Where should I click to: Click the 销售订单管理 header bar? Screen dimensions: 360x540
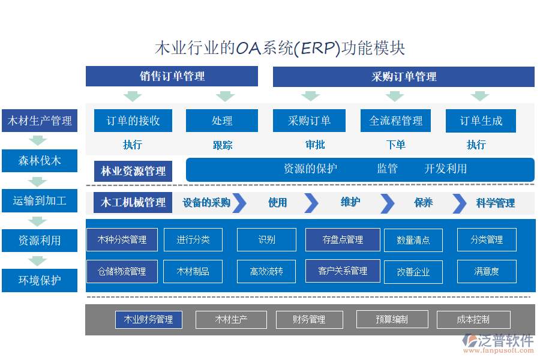point(172,76)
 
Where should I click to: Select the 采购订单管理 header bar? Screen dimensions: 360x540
point(403,77)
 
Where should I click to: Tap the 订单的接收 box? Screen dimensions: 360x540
point(133,121)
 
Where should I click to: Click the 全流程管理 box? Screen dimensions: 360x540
point(395,121)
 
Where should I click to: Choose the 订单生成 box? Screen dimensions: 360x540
point(481,121)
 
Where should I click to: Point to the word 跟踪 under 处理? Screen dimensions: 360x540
point(222,145)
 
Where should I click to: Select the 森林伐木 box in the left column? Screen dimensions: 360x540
point(40,161)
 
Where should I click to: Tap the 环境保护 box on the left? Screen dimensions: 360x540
point(40,280)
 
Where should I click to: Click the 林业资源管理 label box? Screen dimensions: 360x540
point(133,171)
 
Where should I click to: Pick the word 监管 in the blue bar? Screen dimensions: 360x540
point(387,169)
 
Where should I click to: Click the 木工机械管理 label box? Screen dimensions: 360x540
point(133,203)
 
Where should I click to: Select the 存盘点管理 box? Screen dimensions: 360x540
point(343,239)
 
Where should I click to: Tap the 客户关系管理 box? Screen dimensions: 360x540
point(343,271)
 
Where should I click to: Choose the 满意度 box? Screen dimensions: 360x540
point(486,271)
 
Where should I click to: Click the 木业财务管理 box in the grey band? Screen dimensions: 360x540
point(148,319)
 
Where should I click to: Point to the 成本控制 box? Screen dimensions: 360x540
point(473,319)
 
